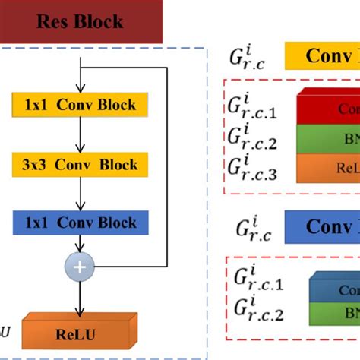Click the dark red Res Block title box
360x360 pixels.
click(80, 21)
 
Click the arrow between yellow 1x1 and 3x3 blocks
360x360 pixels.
click(80, 135)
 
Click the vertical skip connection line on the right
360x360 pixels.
click(167, 167)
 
